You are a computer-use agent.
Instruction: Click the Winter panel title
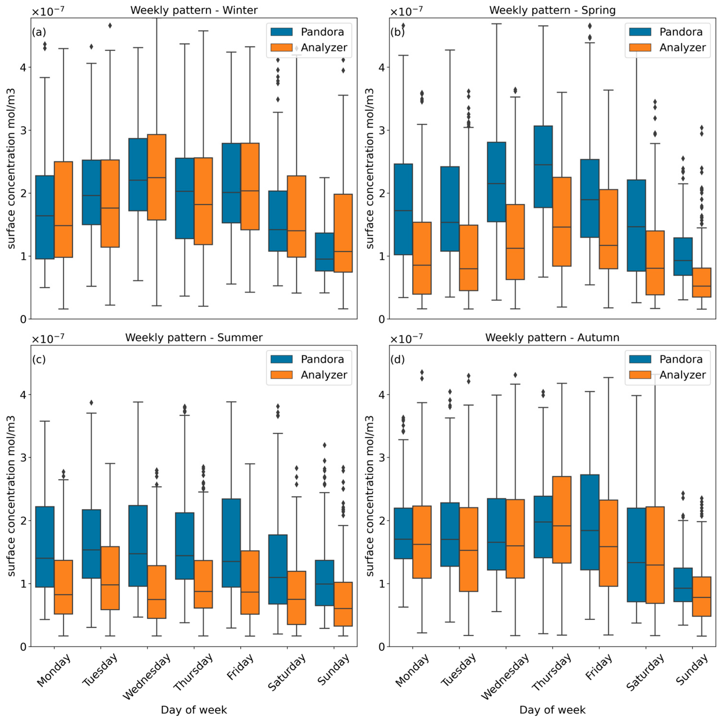click(x=194, y=10)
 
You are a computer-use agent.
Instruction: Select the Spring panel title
click(x=552, y=10)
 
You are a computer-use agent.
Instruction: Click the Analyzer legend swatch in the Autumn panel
click(x=640, y=375)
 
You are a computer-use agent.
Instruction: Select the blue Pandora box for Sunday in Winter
click(x=324, y=252)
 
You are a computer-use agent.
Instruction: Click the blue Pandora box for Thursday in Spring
click(x=543, y=167)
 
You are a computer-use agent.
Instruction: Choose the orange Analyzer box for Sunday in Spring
click(x=701, y=283)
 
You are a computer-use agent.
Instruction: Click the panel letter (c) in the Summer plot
click(x=39, y=359)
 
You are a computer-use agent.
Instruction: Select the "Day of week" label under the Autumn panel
click(x=552, y=710)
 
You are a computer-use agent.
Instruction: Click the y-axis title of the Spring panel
click(x=370, y=169)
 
